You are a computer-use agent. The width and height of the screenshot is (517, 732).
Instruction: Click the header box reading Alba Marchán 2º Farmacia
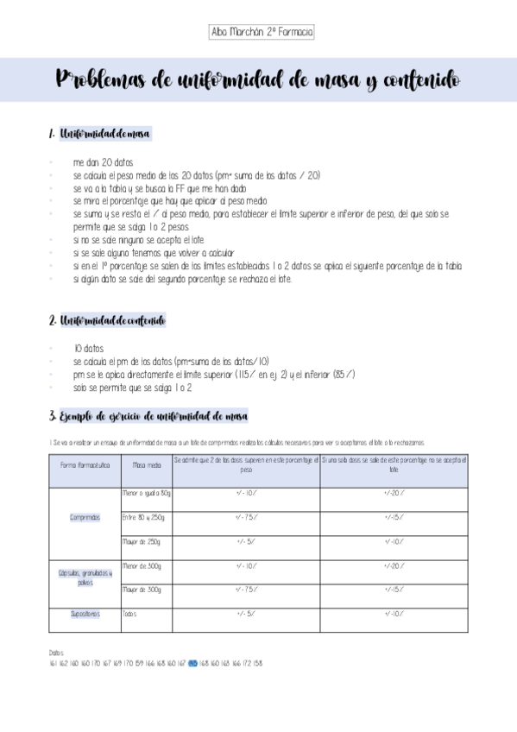tap(262, 33)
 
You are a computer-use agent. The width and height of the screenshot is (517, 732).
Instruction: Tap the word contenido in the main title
tap(421, 80)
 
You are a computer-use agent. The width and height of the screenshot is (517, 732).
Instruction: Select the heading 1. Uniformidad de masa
tap(100, 134)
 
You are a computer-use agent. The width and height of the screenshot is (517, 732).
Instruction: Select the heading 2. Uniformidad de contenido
tap(108, 321)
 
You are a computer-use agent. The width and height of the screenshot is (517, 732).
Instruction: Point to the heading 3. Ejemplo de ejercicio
tap(148, 416)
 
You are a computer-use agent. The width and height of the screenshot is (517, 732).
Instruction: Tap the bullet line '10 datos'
tap(89, 349)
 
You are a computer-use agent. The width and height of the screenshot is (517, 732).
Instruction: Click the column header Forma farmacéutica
tap(85, 465)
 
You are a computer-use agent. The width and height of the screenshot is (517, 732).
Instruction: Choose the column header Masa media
tap(146, 465)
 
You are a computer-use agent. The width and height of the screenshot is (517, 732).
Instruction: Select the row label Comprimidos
tap(85, 517)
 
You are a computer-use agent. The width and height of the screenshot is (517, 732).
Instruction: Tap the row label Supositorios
tap(85, 615)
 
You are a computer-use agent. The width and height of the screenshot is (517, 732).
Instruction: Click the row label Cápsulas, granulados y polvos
tap(85, 577)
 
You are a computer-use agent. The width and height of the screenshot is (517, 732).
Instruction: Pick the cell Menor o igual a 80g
tap(146, 493)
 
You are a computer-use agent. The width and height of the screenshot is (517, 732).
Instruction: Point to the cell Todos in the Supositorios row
tap(130, 615)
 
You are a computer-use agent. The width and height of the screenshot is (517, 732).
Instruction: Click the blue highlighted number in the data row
tap(192, 664)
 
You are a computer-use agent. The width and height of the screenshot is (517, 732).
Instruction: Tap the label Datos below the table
tap(57, 653)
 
